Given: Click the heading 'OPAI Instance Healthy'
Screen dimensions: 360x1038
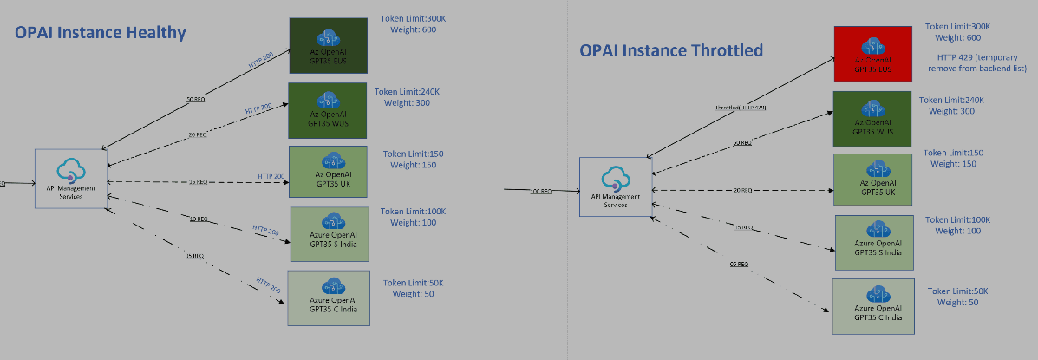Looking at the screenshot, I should point(101,33).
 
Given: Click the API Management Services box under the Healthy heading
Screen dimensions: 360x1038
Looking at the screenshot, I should point(71,178).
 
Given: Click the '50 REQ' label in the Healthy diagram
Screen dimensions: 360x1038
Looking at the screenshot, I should point(195,101).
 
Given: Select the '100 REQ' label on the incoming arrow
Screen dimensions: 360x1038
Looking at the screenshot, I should point(540,191).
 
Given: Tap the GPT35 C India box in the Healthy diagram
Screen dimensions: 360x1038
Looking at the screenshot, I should point(328,298).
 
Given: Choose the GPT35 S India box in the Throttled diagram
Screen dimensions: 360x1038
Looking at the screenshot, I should point(873,242).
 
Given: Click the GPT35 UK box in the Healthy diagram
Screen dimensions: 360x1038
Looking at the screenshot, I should point(328,173).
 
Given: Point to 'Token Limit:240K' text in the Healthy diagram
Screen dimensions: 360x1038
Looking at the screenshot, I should point(408,91).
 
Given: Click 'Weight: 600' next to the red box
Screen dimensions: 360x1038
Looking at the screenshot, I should point(954,38).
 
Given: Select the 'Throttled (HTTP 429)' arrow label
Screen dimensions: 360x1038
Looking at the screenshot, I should point(741,108).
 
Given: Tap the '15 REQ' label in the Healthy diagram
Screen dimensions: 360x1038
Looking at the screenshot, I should point(197,182).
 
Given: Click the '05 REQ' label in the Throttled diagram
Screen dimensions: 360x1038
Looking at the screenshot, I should point(738,264).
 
